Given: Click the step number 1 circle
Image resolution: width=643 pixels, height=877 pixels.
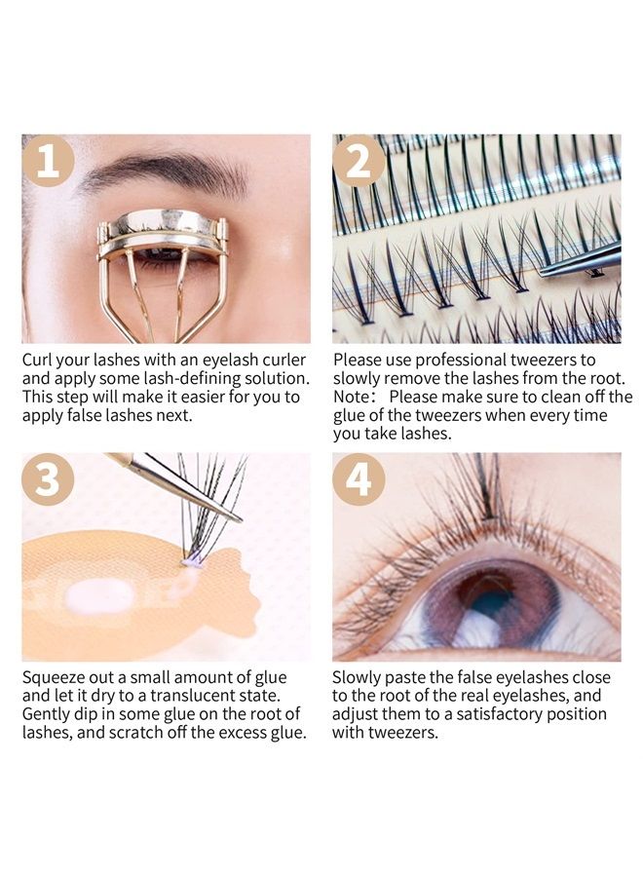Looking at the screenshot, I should [x=48, y=161].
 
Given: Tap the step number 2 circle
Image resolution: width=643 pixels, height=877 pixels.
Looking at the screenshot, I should [x=359, y=161].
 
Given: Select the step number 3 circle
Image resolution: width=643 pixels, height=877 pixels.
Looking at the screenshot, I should [x=48, y=478].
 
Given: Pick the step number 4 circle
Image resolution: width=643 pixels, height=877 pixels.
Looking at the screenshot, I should [x=359, y=478].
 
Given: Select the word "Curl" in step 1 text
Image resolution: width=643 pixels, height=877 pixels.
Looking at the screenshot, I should [x=40, y=360].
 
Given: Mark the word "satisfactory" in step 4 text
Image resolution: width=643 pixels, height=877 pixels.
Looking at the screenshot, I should [x=493, y=714].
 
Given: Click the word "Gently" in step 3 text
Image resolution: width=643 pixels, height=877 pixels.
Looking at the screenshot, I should [x=48, y=714].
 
